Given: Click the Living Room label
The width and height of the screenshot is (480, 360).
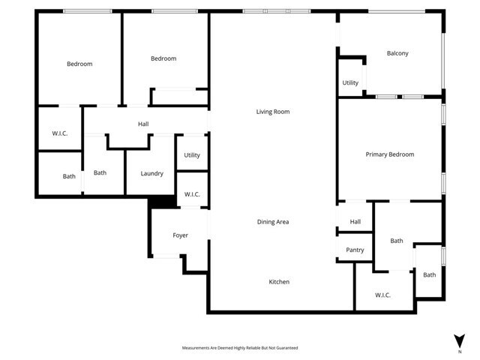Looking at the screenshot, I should coord(272,112).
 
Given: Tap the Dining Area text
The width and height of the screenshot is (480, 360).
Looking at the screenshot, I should coord(273,222).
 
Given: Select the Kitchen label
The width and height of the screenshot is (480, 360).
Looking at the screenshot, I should coord(279,282).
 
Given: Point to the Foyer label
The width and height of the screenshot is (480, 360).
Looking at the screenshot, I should coord(180,235).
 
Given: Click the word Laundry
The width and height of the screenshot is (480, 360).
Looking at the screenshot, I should coord(151,174).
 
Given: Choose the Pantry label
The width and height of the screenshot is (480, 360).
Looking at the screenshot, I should coord(355,250).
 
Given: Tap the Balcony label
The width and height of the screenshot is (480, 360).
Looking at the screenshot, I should coord(397,53).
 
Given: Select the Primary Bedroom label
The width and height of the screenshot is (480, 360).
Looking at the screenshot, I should coord(389,154).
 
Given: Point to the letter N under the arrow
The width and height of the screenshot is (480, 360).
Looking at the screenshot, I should coord(459,350).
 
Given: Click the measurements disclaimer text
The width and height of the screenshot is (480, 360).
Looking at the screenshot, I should coord(240,348).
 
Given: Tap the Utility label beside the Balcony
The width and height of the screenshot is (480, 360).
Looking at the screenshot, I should coord(350,82).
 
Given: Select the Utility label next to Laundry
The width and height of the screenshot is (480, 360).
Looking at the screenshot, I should coord(192,155).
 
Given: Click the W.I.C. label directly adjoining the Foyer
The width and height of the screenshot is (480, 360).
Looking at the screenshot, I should coord(192,195).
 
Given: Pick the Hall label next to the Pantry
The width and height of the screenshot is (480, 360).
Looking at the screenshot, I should coord(355,222).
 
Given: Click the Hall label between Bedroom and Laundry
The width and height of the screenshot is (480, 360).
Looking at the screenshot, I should coord(143,124).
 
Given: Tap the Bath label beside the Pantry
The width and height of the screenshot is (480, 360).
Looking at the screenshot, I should coord(396,241).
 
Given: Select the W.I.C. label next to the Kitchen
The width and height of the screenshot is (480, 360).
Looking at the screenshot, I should coord(382,295).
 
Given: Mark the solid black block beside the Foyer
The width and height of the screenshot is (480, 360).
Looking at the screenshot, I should coord(160,202).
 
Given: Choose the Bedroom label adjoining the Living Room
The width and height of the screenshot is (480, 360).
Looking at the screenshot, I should coord(163,59).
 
